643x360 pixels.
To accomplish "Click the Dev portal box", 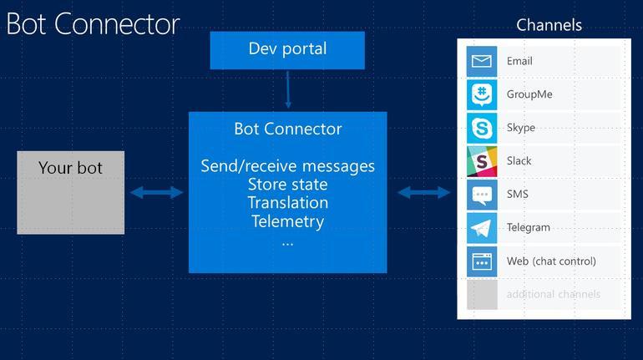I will pos(287,49).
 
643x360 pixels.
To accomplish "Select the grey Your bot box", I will pos(71,192).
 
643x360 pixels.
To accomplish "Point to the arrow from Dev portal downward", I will pos(287,89).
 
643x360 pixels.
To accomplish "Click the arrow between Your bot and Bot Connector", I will pos(156,193).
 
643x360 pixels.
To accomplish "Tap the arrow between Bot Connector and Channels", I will pos(423,193).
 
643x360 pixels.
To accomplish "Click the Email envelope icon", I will pos(482,61).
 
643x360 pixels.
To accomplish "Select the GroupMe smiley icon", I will pos(482,94).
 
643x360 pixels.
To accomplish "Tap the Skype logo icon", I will pos(482,128).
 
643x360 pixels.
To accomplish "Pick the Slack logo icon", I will pos(482,160).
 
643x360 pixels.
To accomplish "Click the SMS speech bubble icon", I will pos(482,195).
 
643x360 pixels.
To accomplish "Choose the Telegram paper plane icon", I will pos(482,227).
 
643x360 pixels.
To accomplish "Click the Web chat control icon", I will pos(482,261).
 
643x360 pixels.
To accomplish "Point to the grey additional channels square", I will pos(482,295).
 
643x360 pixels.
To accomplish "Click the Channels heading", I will pos(549,24).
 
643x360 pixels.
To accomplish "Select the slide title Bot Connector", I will pos(93,23).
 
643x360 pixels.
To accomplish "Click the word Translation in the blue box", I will pos(287,203).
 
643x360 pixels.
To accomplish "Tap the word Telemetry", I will pos(287,221).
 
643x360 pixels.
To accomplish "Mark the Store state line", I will pos(287,185).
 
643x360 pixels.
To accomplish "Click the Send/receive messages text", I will pos(287,165).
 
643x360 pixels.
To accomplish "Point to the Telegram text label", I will pos(528,227).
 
